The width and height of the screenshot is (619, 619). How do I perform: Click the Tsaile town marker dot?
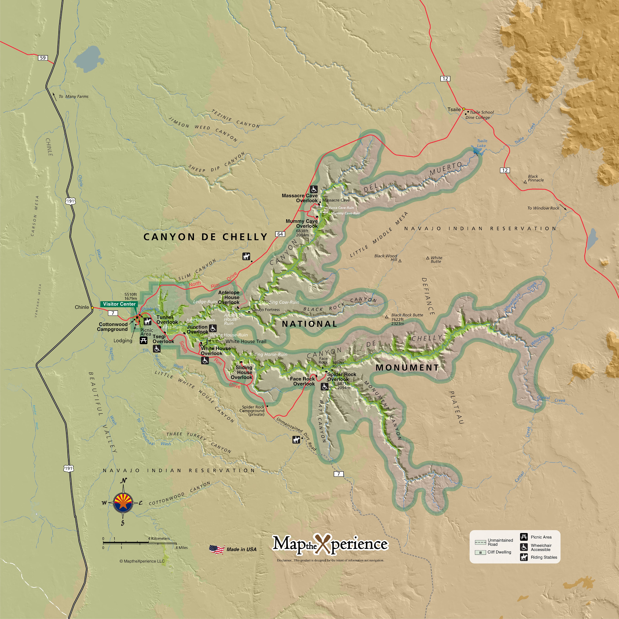[464, 109]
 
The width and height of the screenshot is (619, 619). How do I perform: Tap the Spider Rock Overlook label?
[341, 377]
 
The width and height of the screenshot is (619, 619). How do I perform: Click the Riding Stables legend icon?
[524, 557]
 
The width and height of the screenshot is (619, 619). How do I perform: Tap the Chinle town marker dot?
[92, 308]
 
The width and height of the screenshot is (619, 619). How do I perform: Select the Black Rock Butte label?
[407, 315]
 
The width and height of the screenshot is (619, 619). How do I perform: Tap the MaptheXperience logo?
[330, 544]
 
